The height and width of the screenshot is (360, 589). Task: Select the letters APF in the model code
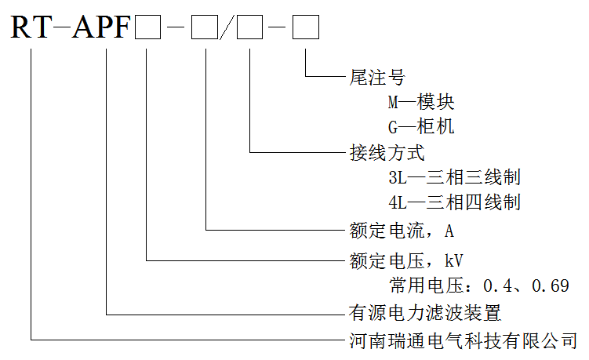101,29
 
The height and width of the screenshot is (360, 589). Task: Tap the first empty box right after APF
148,31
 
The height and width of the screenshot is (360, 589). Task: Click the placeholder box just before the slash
205,31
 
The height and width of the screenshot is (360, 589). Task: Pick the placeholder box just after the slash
250,31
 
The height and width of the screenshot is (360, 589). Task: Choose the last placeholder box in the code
306,31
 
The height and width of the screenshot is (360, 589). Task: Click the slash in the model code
228,31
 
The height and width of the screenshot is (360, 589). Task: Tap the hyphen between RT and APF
60,31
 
